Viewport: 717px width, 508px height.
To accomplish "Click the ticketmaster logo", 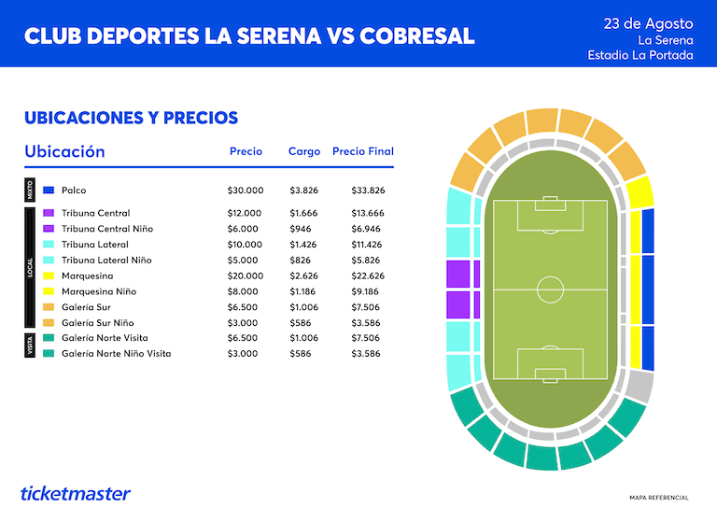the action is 76,493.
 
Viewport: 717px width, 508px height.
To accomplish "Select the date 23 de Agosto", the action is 648,23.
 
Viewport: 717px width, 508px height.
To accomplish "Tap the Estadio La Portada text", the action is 640,55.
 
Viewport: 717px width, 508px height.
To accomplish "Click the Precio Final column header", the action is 362,151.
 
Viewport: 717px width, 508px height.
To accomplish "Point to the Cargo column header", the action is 304,151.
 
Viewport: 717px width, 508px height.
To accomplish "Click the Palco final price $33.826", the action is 368,190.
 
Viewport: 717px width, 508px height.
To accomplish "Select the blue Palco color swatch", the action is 49,190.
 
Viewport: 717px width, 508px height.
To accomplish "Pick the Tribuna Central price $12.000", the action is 245,213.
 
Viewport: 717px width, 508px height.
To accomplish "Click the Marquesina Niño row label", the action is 99,291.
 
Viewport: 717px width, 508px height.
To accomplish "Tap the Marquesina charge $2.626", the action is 303,276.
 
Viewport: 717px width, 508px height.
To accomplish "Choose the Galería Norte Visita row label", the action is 105,338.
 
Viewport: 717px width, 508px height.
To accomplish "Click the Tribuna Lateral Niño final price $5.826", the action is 365,261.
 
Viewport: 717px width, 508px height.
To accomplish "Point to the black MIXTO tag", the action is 30,190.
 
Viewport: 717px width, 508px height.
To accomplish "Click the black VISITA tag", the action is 30,346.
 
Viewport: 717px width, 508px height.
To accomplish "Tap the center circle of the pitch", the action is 550,289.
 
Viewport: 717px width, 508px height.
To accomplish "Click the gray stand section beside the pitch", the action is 639,387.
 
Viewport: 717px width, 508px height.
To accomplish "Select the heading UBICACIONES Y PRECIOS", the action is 132,118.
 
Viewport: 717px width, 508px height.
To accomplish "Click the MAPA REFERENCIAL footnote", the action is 659,498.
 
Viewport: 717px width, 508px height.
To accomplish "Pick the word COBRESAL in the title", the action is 417,36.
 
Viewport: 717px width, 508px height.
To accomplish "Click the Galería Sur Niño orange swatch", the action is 49,323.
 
